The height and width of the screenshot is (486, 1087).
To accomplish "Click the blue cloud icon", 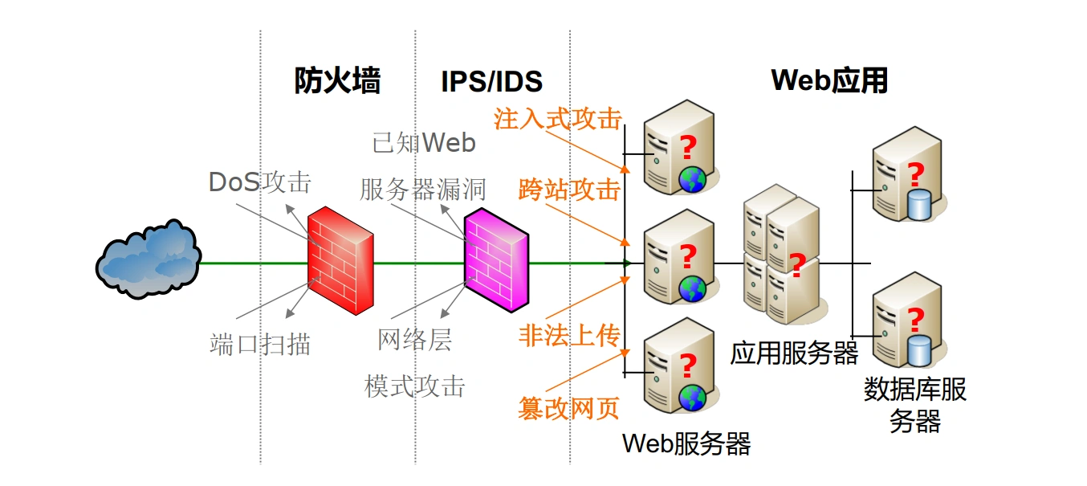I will [x=148, y=259].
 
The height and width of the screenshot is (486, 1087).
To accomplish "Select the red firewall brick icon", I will [x=340, y=259].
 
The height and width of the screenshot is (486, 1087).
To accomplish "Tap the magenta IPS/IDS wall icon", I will [x=496, y=259].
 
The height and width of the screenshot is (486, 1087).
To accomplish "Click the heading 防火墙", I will [x=337, y=81].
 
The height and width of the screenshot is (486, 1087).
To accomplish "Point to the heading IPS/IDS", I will [x=491, y=81].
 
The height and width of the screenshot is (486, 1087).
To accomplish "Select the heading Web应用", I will [x=829, y=81].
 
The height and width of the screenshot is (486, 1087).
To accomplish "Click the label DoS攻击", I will [x=259, y=182].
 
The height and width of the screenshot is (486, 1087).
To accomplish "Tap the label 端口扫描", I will [x=260, y=345].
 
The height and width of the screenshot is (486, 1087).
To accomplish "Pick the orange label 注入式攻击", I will [x=558, y=120].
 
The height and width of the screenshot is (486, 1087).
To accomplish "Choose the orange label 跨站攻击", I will [x=569, y=190].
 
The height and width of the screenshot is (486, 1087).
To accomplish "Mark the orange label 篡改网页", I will [x=569, y=408].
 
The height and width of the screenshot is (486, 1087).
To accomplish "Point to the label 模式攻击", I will [x=414, y=386].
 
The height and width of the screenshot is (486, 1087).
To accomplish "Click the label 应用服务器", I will [x=794, y=353].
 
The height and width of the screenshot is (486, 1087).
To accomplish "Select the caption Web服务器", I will [x=686, y=443].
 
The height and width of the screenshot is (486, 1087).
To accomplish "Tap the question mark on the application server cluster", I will [x=796, y=266].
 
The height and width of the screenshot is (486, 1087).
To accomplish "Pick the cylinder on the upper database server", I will [x=917, y=204].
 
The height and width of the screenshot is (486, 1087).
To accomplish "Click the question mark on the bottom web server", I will [x=688, y=366].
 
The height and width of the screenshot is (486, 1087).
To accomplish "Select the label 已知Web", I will [x=424, y=143].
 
